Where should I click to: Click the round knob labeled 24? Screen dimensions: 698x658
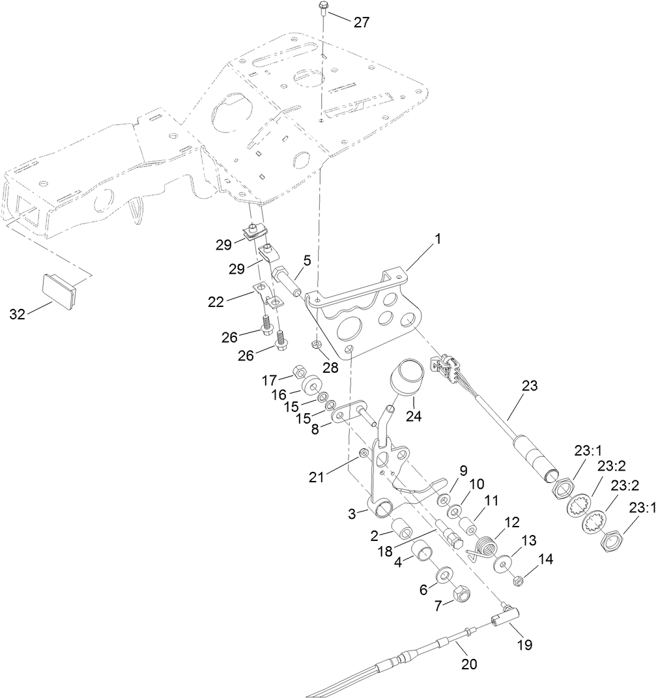407,378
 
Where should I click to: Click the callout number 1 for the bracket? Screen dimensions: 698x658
438,240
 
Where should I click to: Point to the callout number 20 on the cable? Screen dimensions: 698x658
469,664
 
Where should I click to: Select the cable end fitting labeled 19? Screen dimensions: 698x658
506,615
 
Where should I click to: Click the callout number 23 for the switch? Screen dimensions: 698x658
529,385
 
